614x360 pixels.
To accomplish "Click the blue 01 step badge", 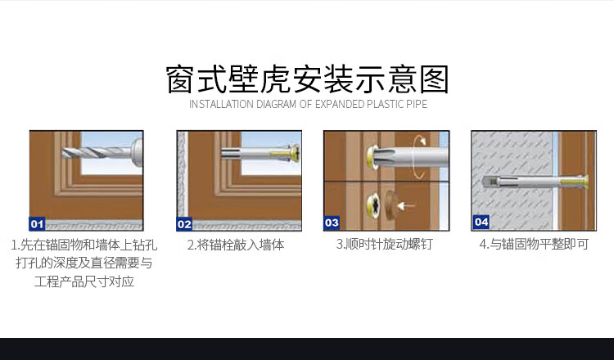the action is [x=37, y=224].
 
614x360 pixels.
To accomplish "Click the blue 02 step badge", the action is [x=184, y=224].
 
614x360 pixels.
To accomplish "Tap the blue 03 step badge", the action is [x=332, y=223].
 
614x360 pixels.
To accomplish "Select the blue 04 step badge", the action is [x=481, y=222].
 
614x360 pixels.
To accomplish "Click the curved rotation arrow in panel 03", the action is [x=420, y=156].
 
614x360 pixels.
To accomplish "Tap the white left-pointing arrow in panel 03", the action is [x=406, y=205].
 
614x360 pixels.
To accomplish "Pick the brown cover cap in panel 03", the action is [x=391, y=205].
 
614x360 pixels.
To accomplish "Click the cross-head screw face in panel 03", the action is [x=373, y=205].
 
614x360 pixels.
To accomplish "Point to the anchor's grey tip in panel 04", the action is [x=489, y=182].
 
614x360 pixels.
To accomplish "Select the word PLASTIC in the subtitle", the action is [x=386, y=105].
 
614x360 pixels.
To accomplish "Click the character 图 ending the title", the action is [x=434, y=79].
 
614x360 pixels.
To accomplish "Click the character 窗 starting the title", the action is [x=179, y=79].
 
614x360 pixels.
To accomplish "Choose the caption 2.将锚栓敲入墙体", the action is [x=236, y=245].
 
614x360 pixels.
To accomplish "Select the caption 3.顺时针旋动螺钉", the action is [x=384, y=244].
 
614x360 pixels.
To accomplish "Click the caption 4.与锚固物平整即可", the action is [x=534, y=244].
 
